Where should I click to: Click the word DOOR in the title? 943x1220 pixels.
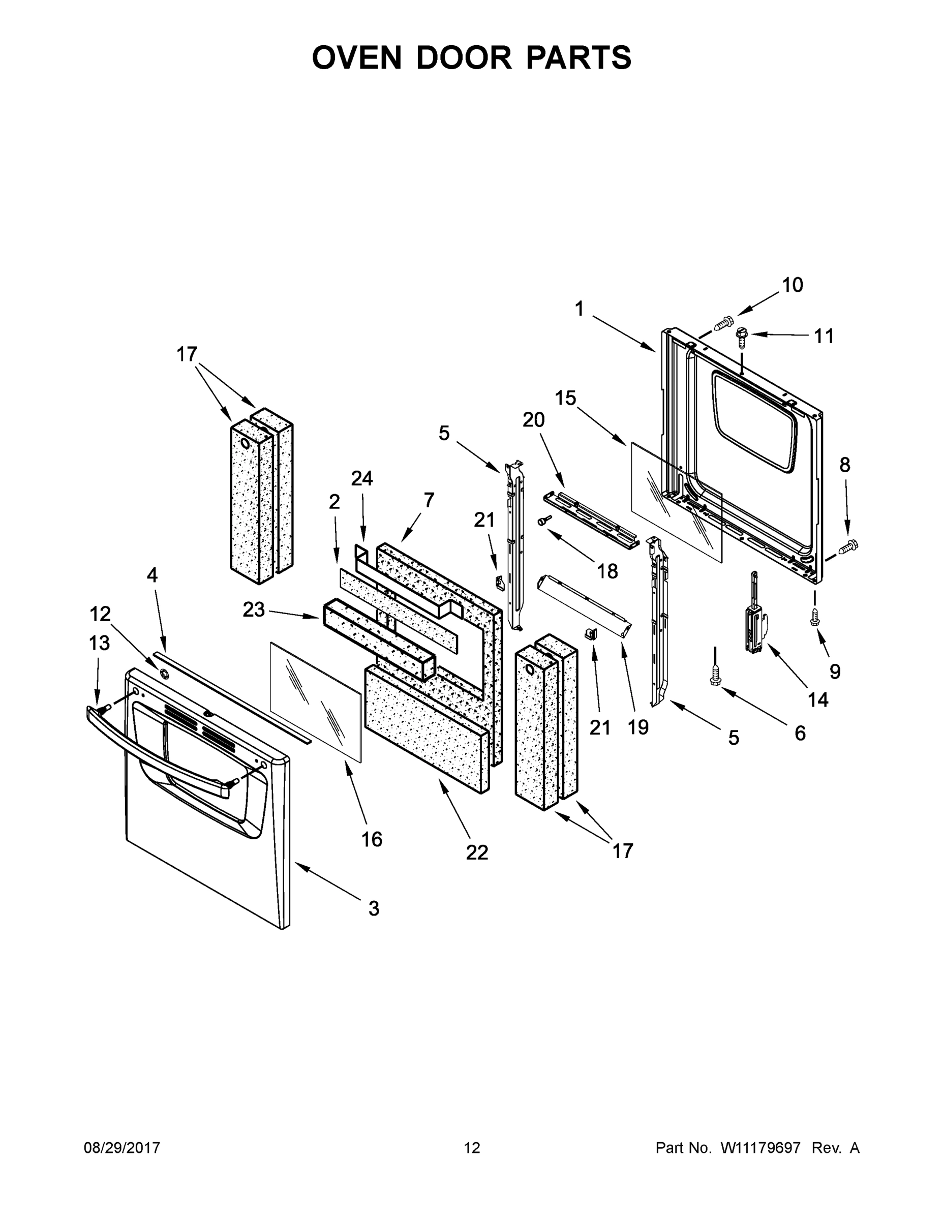coord(464,57)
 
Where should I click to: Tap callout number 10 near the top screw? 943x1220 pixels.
coord(792,286)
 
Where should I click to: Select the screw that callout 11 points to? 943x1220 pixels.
coord(741,337)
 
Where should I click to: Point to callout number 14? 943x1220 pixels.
coord(818,699)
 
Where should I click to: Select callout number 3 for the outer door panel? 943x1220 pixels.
coord(374,908)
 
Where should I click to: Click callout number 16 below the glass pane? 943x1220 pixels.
coord(372,839)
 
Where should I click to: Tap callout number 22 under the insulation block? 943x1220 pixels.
coord(477,852)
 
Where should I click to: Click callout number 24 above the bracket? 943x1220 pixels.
coord(362,479)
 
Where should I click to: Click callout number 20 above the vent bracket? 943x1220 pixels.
coord(533,419)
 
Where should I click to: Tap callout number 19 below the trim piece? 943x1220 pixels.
coord(638,727)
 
